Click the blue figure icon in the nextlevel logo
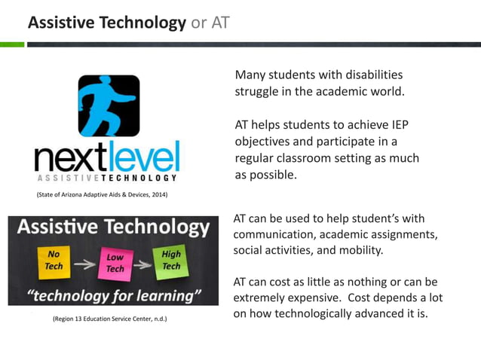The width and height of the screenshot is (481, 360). click(109, 105)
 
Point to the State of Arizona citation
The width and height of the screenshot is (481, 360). click(102, 195)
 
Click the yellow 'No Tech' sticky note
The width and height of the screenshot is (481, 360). click(54, 261)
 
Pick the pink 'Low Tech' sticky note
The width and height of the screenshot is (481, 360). click(115, 263)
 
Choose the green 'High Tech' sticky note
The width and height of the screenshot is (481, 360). click(171, 260)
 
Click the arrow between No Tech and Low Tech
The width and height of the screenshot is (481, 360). click(84, 264)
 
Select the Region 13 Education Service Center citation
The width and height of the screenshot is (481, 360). click(109, 319)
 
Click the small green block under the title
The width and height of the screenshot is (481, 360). click(12, 44)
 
